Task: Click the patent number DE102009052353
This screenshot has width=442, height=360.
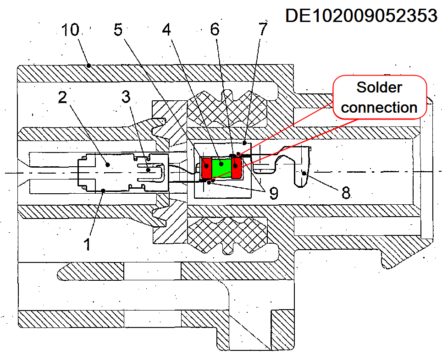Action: point(361,15)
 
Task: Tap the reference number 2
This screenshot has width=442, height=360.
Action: point(63,98)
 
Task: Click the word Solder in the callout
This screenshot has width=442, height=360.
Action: point(379,87)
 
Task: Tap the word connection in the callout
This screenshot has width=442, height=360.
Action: point(379,108)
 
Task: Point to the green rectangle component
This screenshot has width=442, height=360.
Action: point(221,169)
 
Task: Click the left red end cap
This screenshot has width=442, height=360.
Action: point(207,168)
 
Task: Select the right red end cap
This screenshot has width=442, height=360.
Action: point(236,168)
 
